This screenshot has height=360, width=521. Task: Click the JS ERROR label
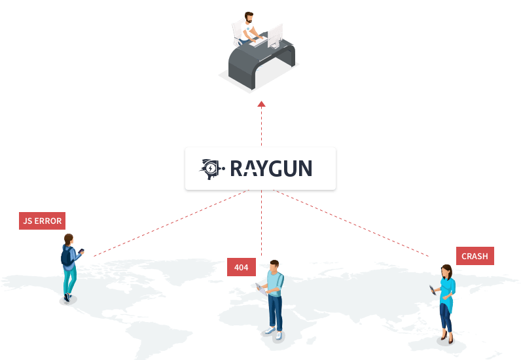coord(42,221)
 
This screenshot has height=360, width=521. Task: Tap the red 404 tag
coord(242,267)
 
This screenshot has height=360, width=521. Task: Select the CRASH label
coord(475,256)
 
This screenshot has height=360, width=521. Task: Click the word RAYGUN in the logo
coord(271,168)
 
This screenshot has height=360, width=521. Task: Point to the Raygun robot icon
coord(211,169)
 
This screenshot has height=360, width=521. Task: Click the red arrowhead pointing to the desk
coord(262,104)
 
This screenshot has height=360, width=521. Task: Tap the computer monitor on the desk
coord(275,36)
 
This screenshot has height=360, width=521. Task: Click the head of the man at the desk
coord(249,17)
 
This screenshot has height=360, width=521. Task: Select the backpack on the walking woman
coord(67,256)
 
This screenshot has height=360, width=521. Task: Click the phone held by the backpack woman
coord(81,251)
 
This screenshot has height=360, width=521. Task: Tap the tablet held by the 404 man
coord(261,289)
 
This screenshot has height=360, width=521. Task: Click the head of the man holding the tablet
coord(274,266)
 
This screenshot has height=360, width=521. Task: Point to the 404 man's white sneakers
coord(274,333)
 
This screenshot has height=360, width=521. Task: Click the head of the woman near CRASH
coord(446,272)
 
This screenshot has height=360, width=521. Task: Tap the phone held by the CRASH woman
coord(432,290)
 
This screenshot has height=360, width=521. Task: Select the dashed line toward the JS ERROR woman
coord(171,223)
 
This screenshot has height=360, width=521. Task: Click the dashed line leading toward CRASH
coord(351,223)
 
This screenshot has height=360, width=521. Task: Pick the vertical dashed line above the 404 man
coord(262,223)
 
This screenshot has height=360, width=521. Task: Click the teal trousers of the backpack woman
coord(70,279)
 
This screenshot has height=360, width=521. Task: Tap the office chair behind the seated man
coord(238,31)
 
